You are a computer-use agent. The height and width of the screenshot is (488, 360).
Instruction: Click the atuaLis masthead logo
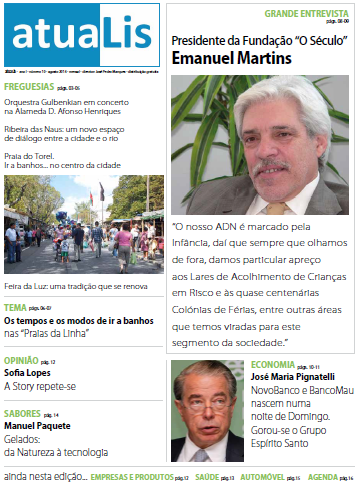tap(80, 35)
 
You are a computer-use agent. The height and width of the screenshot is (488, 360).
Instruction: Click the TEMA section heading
tap(15, 308)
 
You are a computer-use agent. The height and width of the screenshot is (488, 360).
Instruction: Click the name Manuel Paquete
tap(36, 426)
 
